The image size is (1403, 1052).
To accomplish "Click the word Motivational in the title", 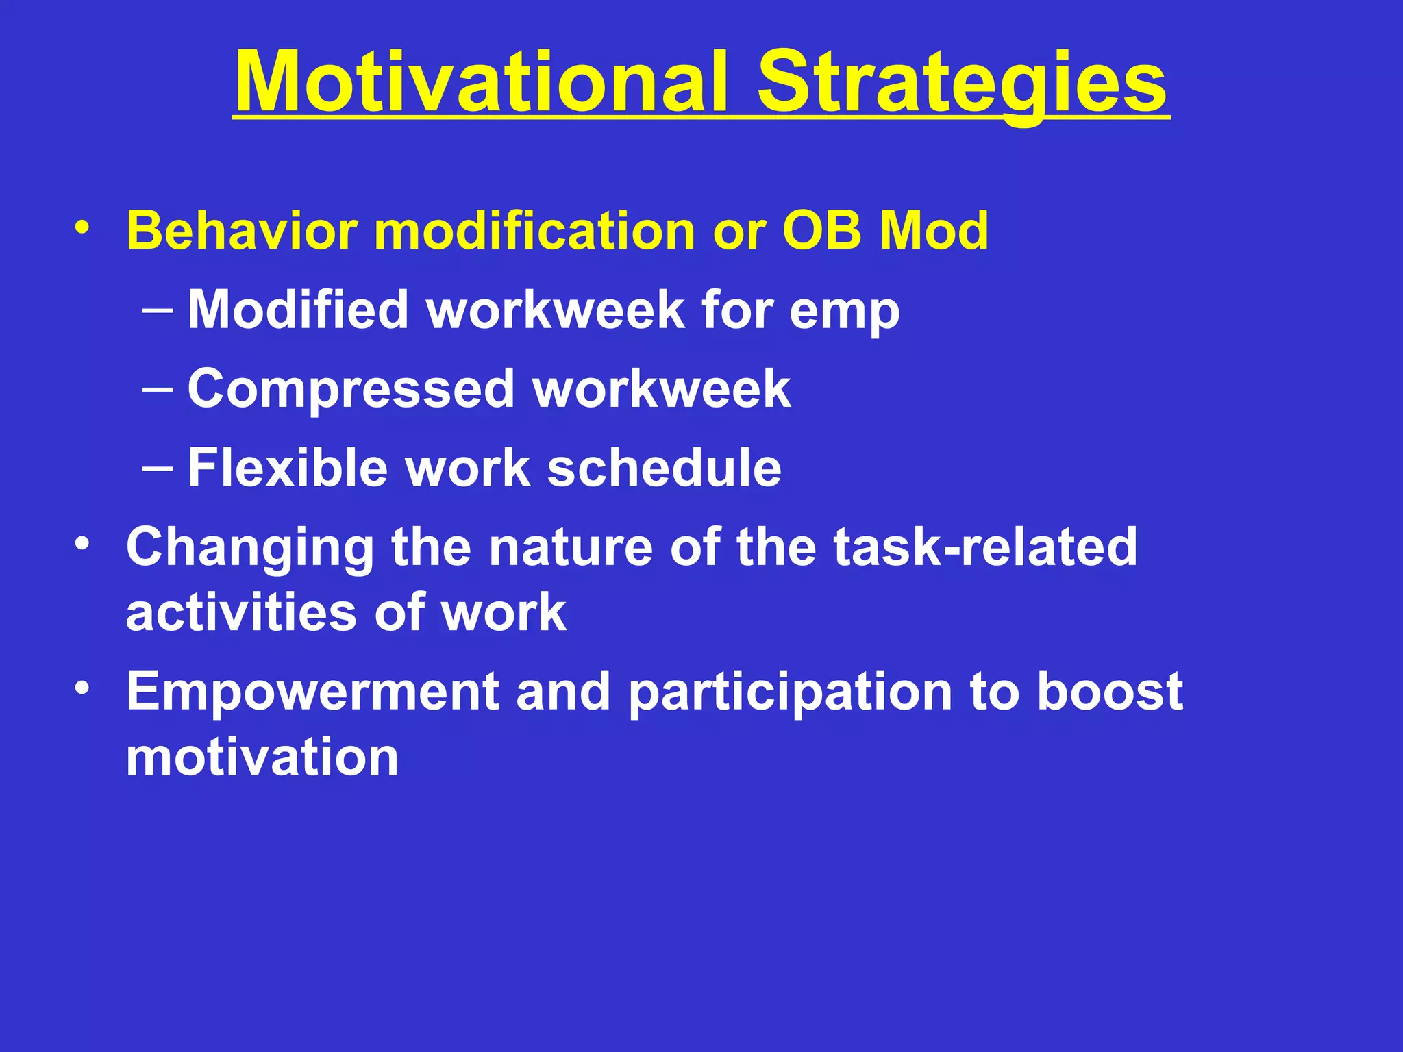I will [x=480, y=82].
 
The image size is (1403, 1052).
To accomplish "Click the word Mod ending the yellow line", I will [x=934, y=231].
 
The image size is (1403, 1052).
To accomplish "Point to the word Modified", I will [x=298, y=310].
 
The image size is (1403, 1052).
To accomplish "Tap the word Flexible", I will [x=288, y=468].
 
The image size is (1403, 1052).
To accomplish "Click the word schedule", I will [x=665, y=468].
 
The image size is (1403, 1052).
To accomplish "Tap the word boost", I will [x=1110, y=692].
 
